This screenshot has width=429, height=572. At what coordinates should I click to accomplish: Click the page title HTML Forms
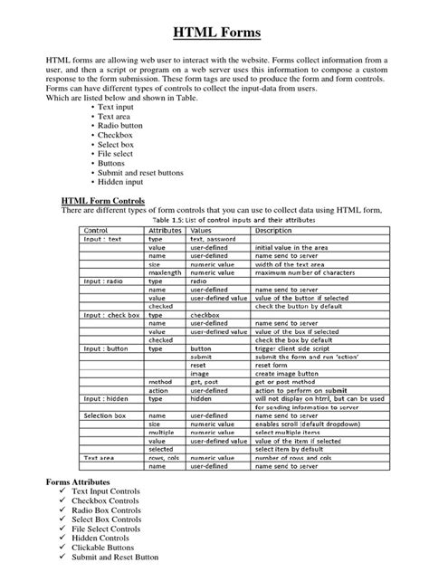(214, 33)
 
